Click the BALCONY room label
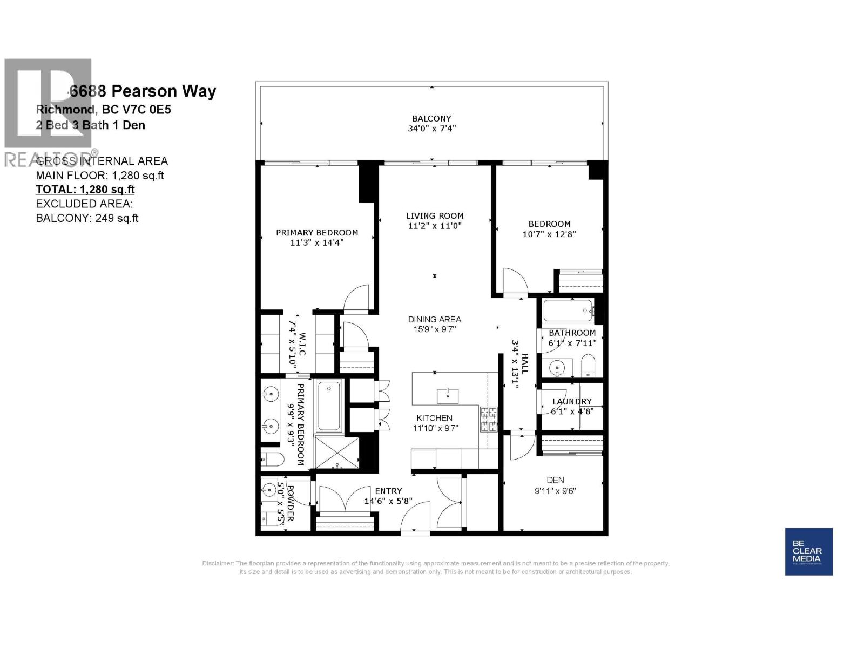(431, 118)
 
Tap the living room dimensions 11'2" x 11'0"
(435, 226)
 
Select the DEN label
(555, 480)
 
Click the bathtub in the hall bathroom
(566, 311)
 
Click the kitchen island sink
(448, 394)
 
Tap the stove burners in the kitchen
(488, 420)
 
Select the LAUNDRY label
(572, 401)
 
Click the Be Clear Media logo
(808, 551)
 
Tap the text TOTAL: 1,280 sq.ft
(85, 190)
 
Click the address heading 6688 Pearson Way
(143, 91)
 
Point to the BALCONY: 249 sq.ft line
(87, 218)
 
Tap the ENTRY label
(388, 491)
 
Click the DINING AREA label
(435, 319)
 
